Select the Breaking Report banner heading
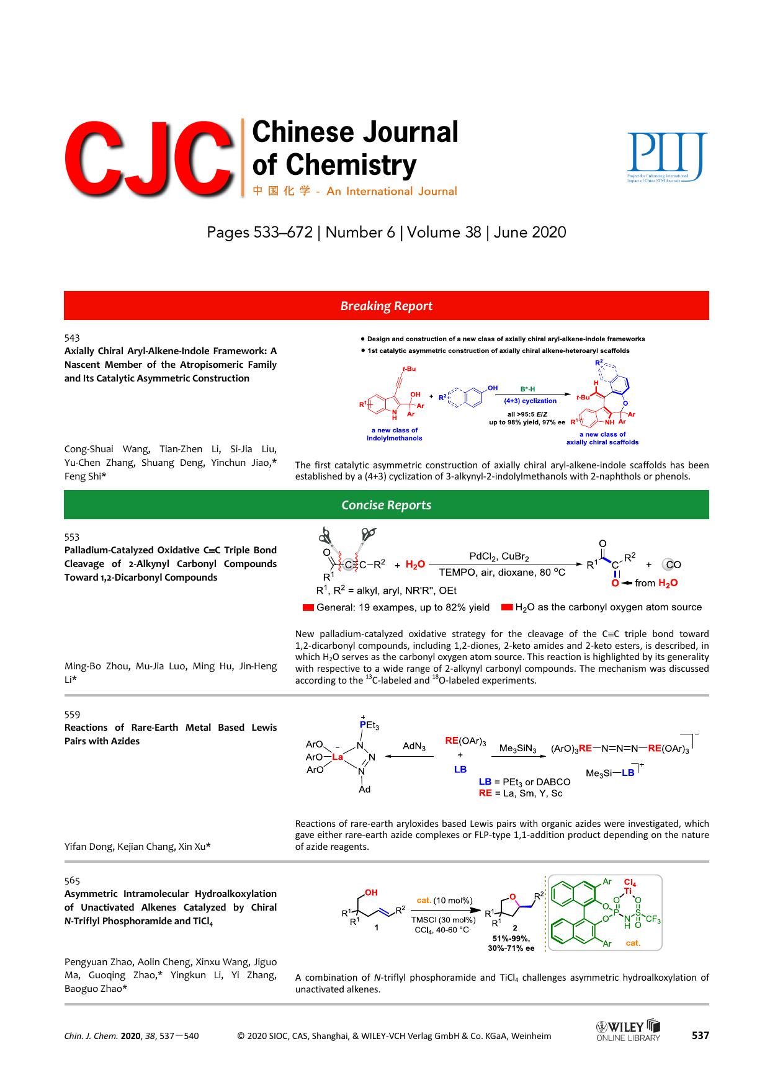[386, 306]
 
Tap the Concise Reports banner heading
[386, 505]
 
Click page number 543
[72, 338]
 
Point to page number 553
[72, 537]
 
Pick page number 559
[72, 715]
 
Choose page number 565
[72, 881]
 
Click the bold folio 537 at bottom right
[700, 1035]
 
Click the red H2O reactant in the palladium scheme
[415, 564]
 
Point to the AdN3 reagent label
[414, 746]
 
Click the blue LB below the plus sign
[460, 769]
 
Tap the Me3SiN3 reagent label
[517, 749]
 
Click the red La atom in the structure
[338, 757]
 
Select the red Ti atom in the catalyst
[628, 891]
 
